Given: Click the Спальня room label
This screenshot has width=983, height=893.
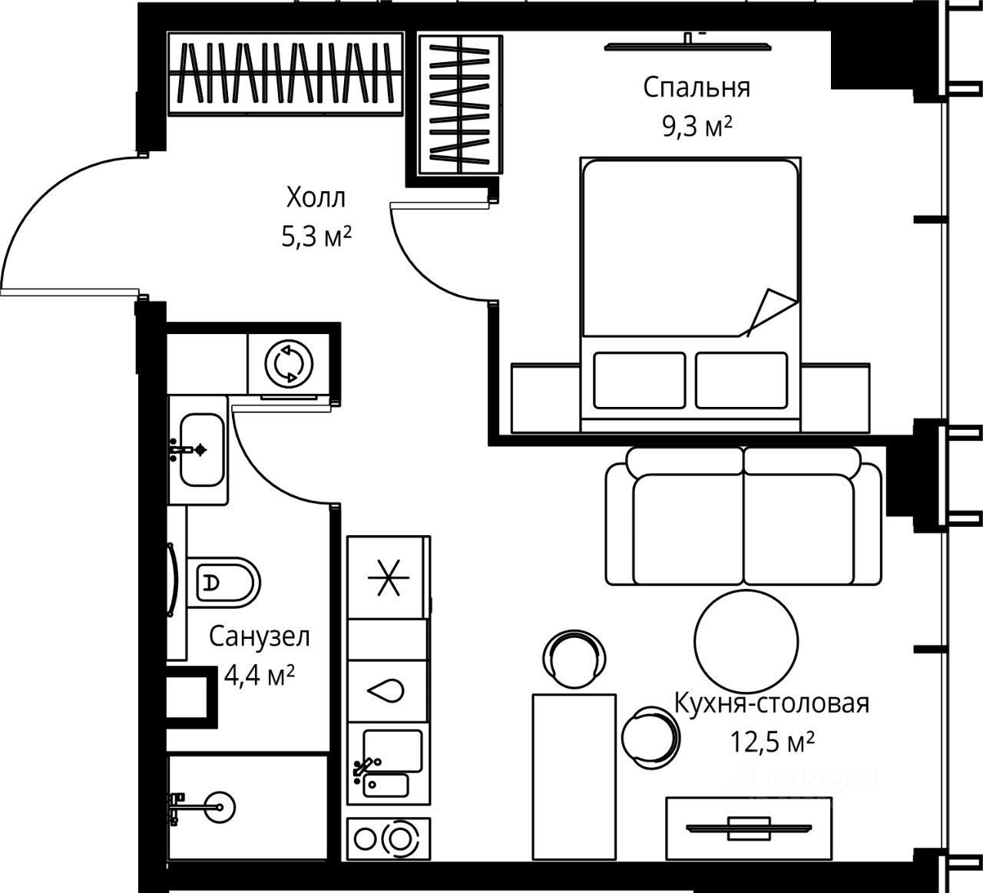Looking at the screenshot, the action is coord(697,88).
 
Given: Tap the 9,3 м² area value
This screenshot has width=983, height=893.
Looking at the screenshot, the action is coord(697,127).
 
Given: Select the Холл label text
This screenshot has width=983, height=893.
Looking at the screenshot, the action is coord(316,197).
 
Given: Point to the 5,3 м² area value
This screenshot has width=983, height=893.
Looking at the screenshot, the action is coord(316,236).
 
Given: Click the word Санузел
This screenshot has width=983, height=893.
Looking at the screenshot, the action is coord(260,637).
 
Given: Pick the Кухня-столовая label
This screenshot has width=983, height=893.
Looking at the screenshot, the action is coord(773,703).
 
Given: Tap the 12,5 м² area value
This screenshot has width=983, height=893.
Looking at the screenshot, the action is coord(773,742).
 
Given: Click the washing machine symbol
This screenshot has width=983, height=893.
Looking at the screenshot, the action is coord(289,364).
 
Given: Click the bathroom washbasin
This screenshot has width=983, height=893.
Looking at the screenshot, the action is coord(202,450).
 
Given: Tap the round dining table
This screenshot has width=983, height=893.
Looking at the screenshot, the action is coord(746,642).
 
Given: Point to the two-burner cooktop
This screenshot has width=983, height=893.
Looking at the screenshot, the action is coord(389,838).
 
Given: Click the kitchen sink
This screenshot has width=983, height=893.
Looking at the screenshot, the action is coord(387,765).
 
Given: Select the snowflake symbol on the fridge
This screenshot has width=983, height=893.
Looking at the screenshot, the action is coord(388,578).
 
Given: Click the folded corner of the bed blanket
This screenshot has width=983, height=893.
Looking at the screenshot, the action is coord(771,313).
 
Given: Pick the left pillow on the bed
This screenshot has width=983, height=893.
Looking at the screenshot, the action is coord(640,380).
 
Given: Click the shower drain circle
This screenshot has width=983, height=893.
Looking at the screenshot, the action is coord(219,807).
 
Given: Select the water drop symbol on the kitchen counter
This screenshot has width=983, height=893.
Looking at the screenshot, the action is coord(386,690).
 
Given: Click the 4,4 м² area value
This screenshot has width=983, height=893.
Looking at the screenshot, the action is coord(260,676).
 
